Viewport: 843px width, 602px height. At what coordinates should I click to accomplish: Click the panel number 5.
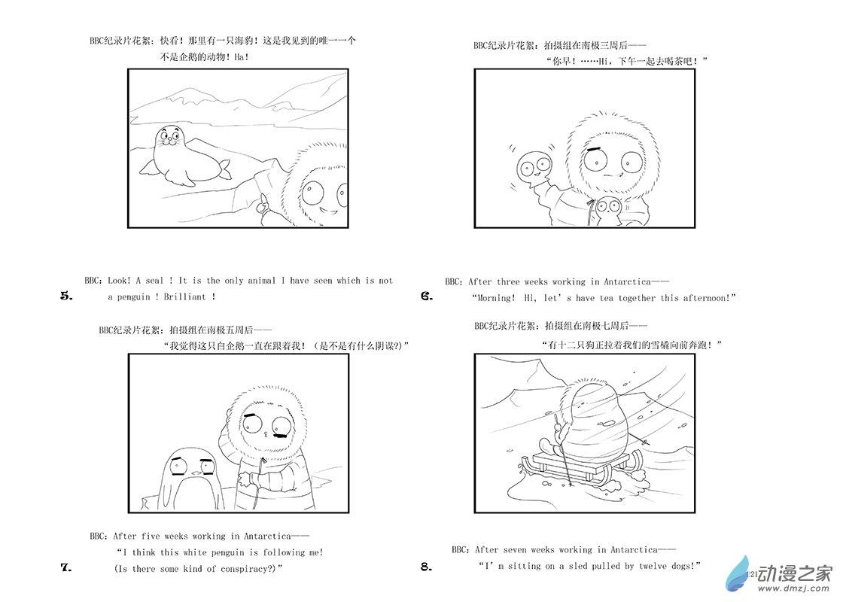66,296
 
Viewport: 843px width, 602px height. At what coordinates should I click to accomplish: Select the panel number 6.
427,296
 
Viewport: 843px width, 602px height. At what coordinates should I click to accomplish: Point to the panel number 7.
66,567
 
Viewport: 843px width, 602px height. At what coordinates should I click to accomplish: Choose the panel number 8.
426,567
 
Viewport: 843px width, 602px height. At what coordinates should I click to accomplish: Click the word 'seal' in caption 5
154,281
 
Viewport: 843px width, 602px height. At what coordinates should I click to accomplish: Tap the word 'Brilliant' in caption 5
184,296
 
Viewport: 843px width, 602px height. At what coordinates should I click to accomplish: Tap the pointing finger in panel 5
263,202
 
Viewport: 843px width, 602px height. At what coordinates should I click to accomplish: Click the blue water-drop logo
738,574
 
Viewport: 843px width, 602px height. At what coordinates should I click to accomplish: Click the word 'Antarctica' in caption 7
267,537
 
